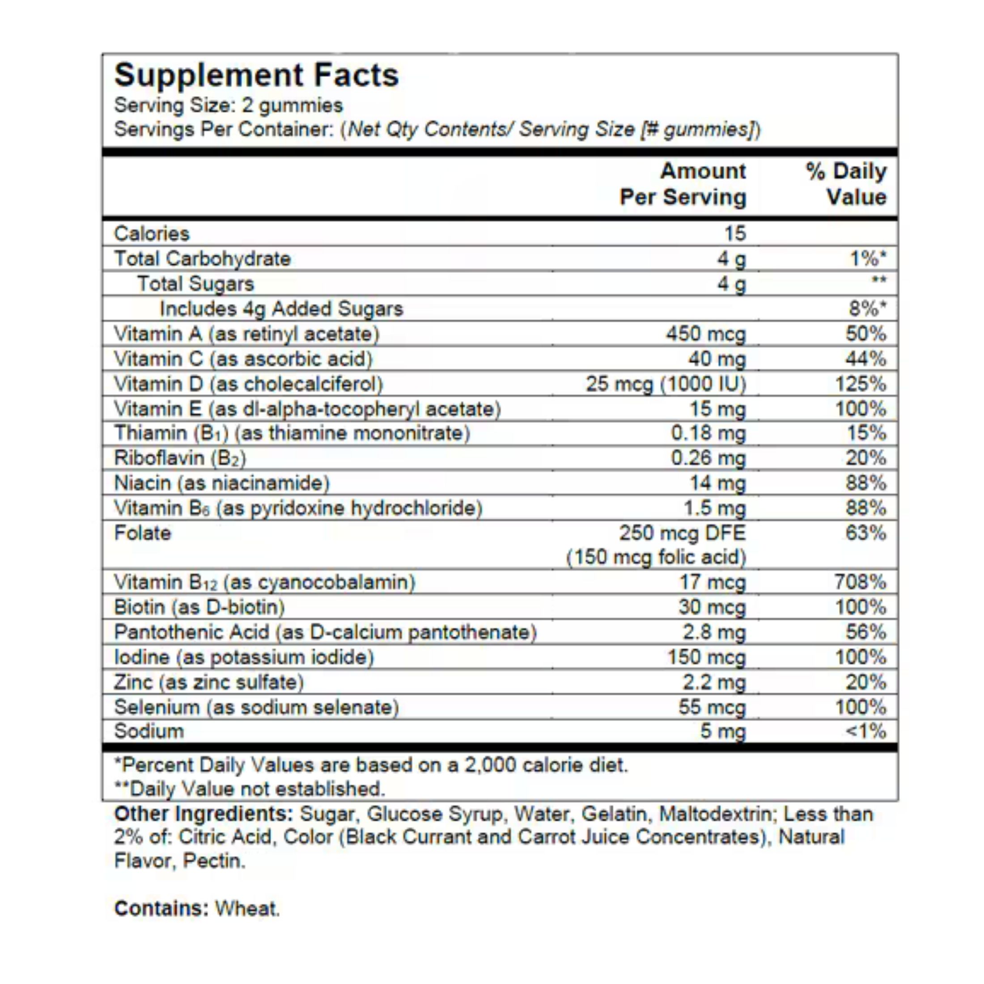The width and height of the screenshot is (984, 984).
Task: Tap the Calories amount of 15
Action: (735, 234)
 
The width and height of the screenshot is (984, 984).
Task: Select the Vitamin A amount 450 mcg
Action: (706, 334)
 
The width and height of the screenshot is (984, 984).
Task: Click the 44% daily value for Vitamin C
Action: (865, 359)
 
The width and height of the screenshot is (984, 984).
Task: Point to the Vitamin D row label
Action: (248, 384)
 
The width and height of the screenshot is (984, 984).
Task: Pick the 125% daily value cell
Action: (860, 384)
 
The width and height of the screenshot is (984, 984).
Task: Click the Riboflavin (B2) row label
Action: (180, 458)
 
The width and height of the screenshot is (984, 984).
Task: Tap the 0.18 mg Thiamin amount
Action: (708, 433)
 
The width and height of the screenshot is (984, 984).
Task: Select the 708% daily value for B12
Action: (860, 582)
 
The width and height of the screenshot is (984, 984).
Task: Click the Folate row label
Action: (143, 533)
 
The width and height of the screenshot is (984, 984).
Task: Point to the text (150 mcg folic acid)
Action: (656, 557)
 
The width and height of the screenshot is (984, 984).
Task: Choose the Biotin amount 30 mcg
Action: (712, 607)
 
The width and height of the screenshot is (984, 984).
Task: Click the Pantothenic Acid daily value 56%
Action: (865, 632)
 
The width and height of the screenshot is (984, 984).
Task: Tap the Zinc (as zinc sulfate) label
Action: (209, 683)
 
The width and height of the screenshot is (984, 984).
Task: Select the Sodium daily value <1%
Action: (865, 731)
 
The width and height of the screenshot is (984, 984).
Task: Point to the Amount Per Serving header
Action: (683, 184)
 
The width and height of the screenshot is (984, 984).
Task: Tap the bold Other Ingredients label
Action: (203, 814)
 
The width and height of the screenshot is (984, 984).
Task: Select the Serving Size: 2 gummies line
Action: (228, 106)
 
